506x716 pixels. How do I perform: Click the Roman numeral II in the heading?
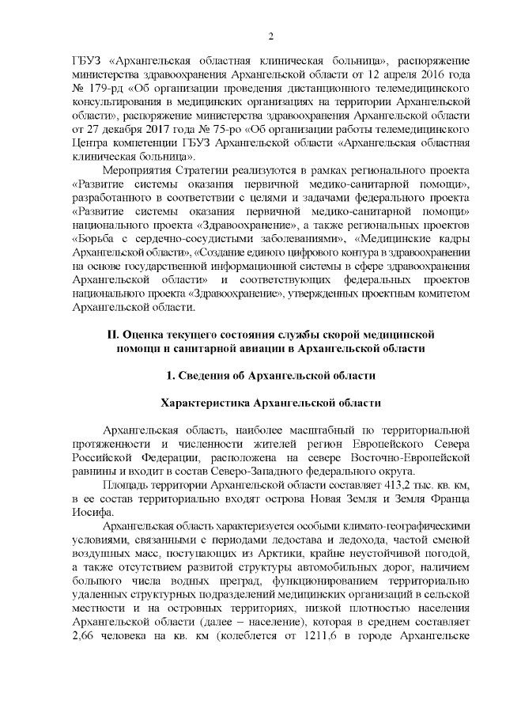tap(115, 334)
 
